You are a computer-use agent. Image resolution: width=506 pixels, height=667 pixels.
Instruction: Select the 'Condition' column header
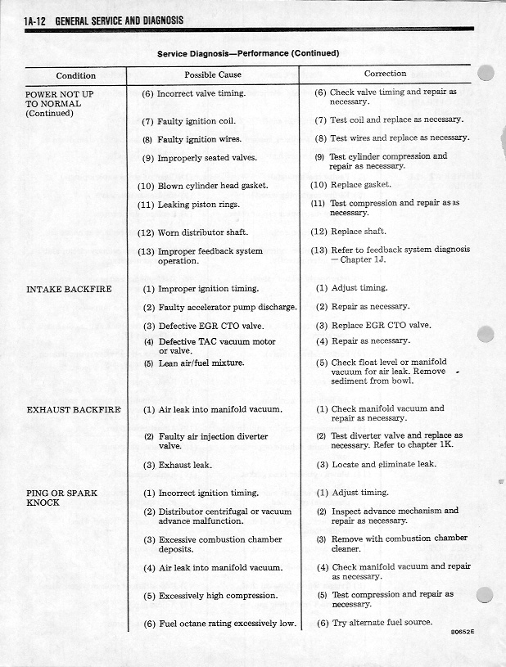click(75, 75)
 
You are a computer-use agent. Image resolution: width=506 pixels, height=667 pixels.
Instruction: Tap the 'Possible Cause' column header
click(213, 74)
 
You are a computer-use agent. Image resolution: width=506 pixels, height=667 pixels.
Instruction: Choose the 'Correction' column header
click(385, 74)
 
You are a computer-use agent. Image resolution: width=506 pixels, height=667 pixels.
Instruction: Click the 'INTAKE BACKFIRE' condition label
click(69, 289)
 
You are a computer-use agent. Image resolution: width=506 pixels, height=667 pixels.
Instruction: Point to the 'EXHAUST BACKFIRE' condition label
click(74, 409)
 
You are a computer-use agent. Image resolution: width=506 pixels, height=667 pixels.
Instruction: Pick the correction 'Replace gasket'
click(360, 185)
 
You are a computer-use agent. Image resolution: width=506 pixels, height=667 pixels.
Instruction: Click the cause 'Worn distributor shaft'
click(202, 232)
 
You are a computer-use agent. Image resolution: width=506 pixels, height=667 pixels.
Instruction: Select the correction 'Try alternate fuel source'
click(381, 624)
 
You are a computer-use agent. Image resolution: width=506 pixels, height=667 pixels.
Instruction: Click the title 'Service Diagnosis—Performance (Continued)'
click(248, 53)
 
